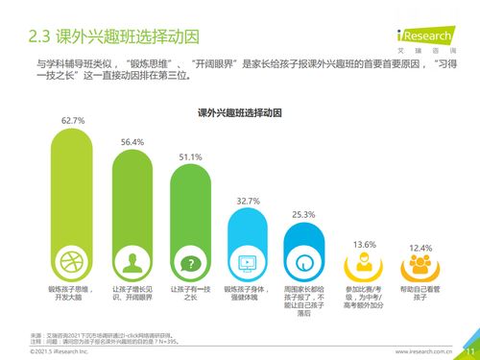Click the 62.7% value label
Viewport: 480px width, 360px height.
74,121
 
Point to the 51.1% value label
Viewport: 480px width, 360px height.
191,157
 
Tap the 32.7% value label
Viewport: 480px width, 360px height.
249,201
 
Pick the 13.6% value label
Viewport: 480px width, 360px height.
365,245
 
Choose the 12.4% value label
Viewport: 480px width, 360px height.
420,248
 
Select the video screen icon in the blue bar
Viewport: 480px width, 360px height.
249,261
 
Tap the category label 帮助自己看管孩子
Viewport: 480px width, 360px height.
420,293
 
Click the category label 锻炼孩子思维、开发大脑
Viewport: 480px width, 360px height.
74,293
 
